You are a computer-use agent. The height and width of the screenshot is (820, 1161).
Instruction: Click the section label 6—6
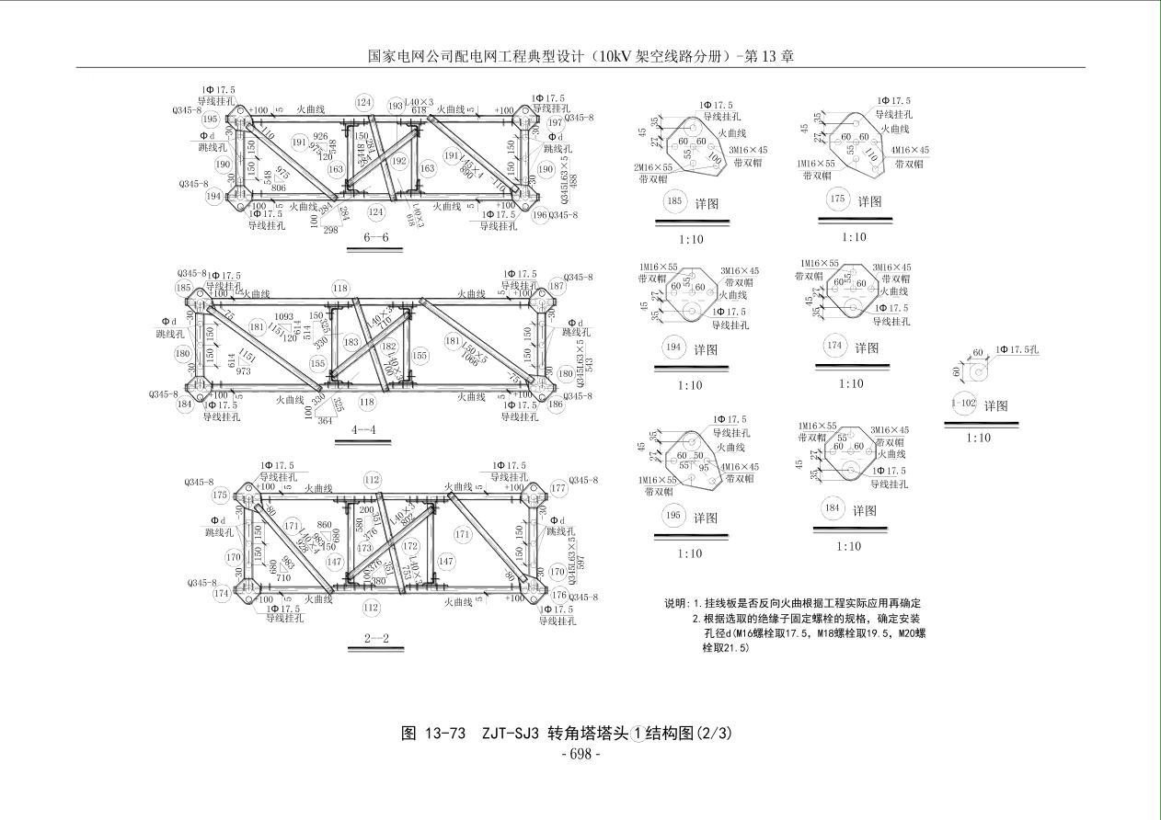[376, 238]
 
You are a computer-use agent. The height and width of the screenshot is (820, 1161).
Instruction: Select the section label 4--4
[371, 429]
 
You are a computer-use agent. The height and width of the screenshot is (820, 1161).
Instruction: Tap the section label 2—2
[376, 638]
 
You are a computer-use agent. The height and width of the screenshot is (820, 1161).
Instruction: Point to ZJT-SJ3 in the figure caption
[510, 733]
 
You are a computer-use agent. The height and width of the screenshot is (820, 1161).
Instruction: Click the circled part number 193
[396, 106]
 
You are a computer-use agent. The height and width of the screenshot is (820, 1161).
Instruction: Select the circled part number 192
[398, 160]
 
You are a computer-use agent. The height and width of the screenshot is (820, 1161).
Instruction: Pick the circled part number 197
[555, 122]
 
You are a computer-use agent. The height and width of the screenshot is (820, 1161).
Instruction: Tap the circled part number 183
[351, 342]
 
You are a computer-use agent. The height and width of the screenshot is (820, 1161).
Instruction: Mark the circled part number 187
[556, 286]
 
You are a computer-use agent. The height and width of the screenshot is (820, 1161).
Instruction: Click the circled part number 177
[558, 488]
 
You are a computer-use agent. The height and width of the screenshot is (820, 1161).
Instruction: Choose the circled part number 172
[410, 546]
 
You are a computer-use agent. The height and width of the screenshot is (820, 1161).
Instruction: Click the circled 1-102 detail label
[963, 404]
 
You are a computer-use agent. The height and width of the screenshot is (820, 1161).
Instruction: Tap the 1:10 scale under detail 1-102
[978, 438]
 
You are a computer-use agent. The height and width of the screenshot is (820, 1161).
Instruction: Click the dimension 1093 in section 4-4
[284, 317]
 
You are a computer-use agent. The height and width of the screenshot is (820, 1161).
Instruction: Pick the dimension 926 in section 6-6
[320, 137]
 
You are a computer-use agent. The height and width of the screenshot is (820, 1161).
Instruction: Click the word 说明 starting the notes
[676, 604]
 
